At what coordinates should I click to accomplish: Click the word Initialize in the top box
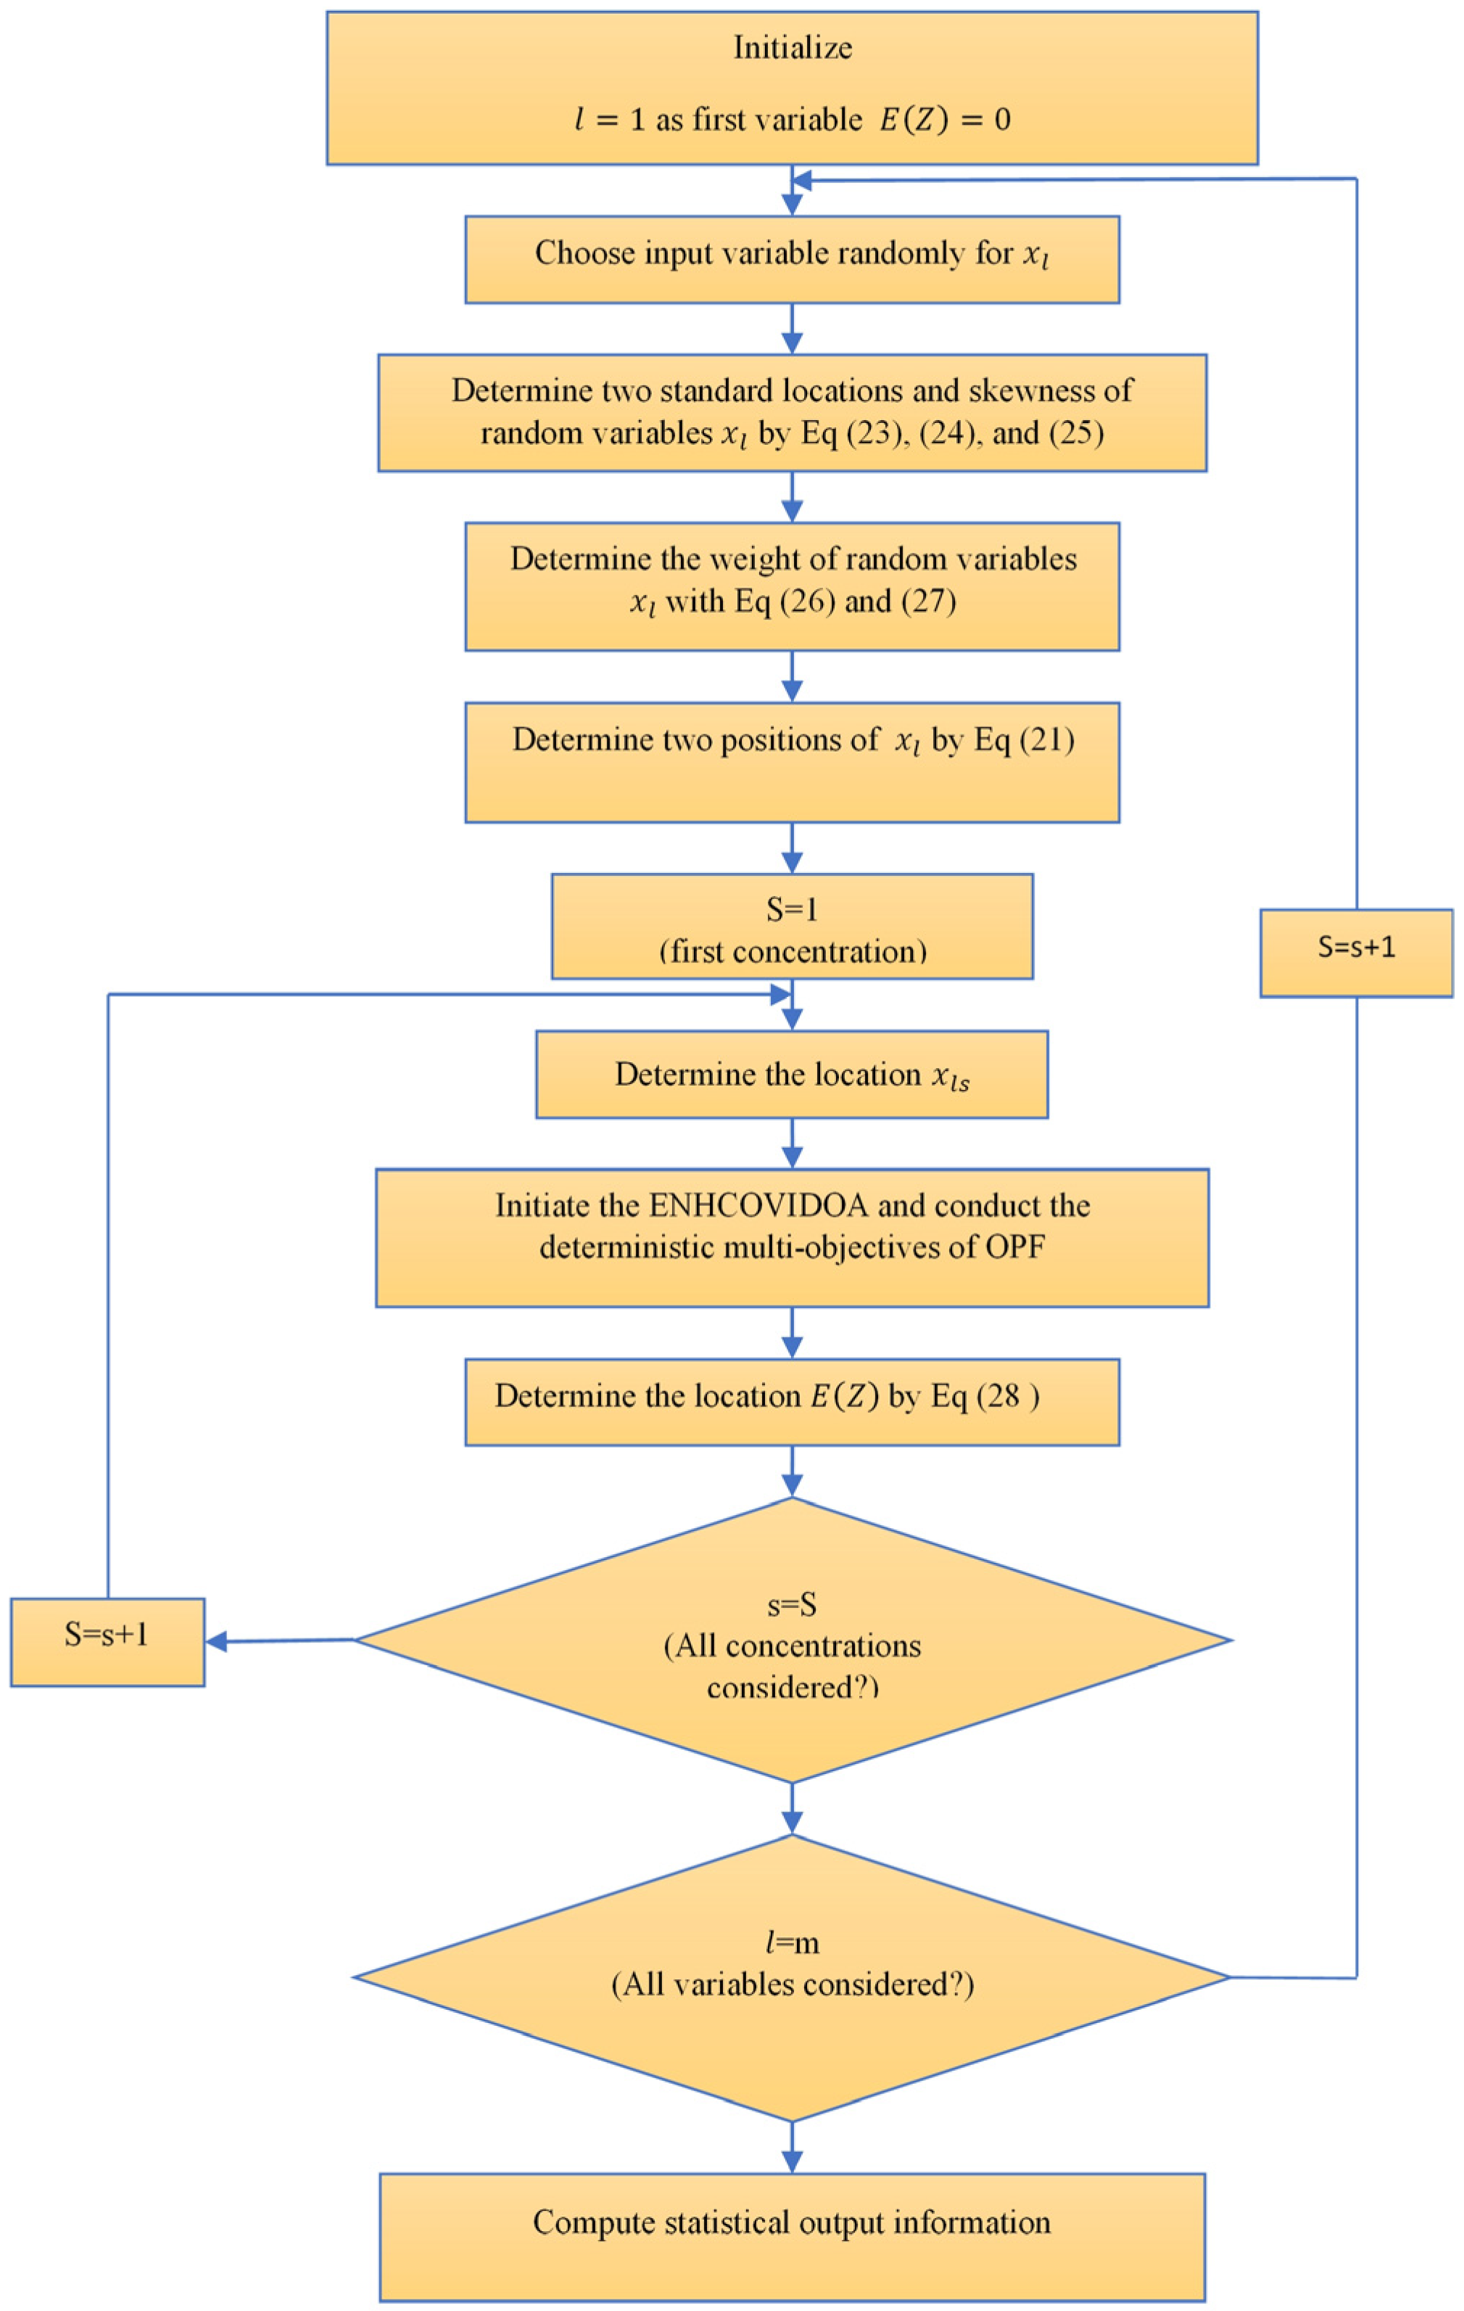[793, 48]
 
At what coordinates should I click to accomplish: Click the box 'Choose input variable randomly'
[793, 259]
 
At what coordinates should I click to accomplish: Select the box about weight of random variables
[793, 586]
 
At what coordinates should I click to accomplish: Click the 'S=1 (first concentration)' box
[793, 926]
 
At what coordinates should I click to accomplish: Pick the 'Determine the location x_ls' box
[793, 1074]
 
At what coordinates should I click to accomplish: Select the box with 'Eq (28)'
[793, 1402]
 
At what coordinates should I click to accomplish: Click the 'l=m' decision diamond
[793, 1977]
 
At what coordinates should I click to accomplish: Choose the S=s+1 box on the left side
[107, 1641]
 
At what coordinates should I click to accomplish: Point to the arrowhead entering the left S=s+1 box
[218, 1642]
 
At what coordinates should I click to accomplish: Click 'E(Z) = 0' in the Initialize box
[945, 120]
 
